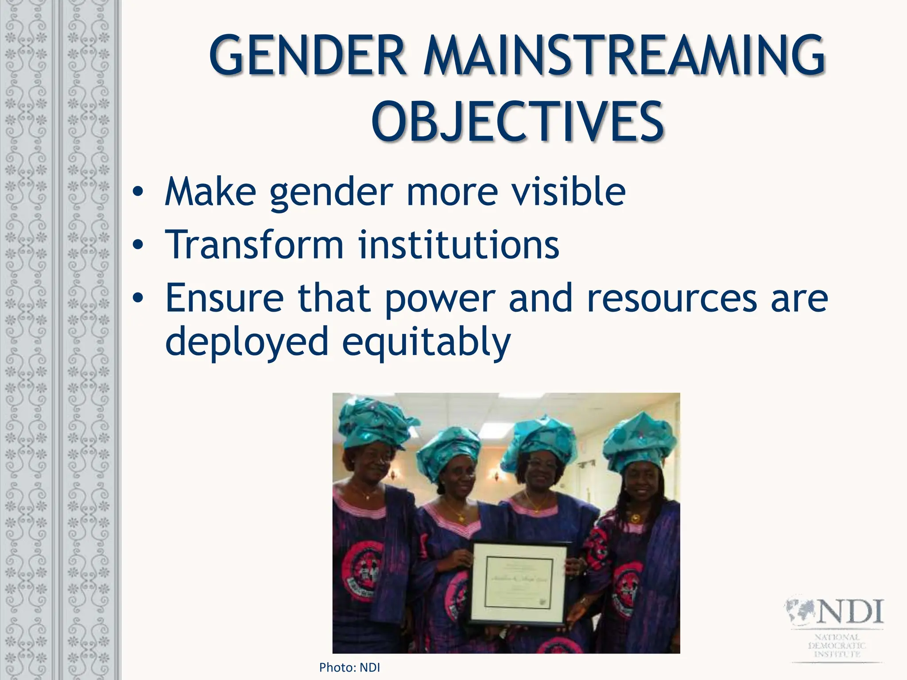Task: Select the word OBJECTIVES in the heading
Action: (517, 121)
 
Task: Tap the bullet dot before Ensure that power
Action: (138, 298)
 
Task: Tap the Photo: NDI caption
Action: (349, 667)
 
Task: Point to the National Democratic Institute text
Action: (837, 646)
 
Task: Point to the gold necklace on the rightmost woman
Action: (636, 518)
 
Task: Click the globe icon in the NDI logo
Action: (800, 610)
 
